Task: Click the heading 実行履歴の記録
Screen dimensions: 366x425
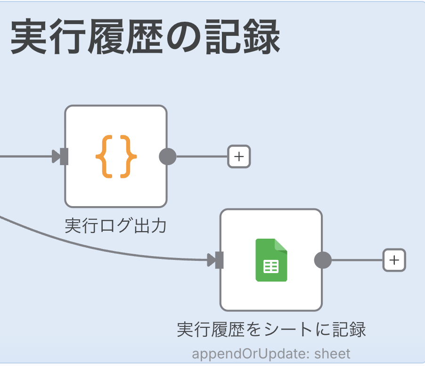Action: (x=145, y=37)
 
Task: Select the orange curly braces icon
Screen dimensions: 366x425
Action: (x=116, y=156)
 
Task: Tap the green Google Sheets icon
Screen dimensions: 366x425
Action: (x=271, y=260)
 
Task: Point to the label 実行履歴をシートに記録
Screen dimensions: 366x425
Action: (x=271, y=330)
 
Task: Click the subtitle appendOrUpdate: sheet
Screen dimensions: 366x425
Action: (x=271, y=353)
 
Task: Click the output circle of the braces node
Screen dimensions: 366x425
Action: (x=167, y=156)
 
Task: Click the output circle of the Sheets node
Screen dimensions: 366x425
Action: (x=323, y=260)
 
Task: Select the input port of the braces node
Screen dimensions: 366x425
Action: (x=64, y=156)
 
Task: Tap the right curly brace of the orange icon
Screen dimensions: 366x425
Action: (x=129, y=156)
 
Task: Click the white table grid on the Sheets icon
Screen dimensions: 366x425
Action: (x=271, y=266)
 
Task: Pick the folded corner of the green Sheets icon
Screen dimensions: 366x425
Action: (x=281, y=245)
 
